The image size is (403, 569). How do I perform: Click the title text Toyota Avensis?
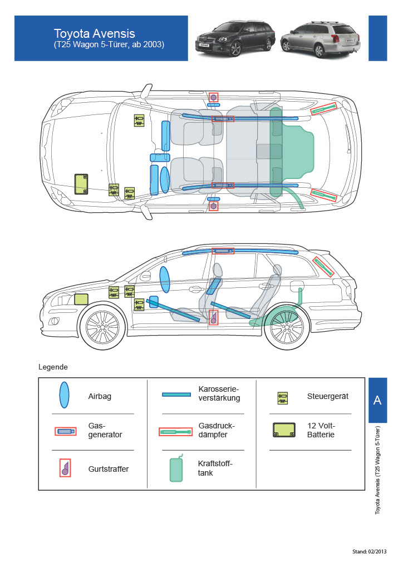coord(94,33)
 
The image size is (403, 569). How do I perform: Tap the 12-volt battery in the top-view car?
coord(82,183)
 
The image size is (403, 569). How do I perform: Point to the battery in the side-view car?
coord(81,299)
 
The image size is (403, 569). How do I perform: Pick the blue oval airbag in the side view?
coord(165,279)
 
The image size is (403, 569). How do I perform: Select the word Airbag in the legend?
coord(100,396)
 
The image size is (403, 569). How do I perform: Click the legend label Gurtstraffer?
coord(108,469)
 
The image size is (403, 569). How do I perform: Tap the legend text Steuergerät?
coord(327,396)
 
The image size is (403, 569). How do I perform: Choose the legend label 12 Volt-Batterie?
coord(321,430)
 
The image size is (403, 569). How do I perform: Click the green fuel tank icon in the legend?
coord(176,468)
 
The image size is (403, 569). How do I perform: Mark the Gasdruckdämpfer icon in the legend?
coord(175,431)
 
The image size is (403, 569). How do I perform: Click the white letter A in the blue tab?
coord(377,401)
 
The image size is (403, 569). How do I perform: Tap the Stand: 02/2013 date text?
coord(369,552)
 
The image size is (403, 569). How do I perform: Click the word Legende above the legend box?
coord(53,367)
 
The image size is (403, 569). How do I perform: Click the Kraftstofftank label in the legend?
coord(215,468)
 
